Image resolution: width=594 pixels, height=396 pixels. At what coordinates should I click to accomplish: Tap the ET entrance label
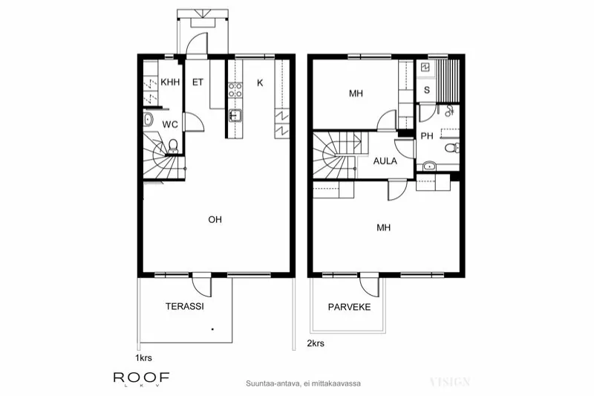pos(198,82)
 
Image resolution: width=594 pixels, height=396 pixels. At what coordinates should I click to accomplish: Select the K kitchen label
pos(260,82)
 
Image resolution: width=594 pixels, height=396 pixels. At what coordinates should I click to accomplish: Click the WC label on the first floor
pos(170,124)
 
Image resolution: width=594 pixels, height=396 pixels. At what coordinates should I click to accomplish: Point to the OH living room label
pos(215,219)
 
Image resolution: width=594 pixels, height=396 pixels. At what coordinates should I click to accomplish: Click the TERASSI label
pos(185,305)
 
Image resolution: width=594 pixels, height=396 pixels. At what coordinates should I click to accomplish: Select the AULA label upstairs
pos(385,160)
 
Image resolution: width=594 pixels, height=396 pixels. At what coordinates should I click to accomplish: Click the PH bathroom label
pos(427,136)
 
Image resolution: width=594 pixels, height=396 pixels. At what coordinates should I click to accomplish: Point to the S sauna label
pos(426,90)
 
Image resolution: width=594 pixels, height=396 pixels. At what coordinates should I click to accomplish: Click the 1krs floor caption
pos(143,358)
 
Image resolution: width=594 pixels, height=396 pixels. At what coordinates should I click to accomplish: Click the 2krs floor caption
pos(316,344)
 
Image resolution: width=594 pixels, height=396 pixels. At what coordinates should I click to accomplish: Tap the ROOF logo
pos(141,377)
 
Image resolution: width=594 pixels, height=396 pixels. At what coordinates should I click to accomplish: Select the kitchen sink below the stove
pos(235,115)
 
